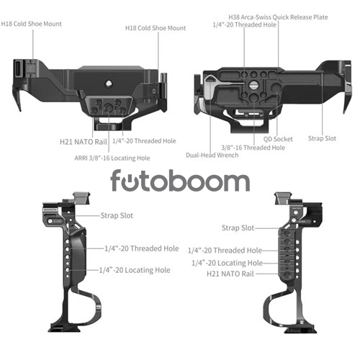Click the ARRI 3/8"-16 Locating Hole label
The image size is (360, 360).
pyautogui.click(x=112, y=158)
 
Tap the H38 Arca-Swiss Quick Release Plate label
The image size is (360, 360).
pyautogui.click(x=278, y=17)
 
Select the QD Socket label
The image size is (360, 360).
pyautogui.click(x=278, y=139)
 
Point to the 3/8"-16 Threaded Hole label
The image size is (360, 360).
pyautogui.click(x=253, y=148)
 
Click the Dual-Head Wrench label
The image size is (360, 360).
pyautogui.click(x=212, y=155)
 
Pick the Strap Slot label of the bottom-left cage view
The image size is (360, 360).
pyautogui.click(x=117, y=215)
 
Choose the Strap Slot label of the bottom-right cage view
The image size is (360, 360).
pyautogui.click(x=238, y=228)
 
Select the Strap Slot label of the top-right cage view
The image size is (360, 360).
pyautogui.click(x=322, y=138)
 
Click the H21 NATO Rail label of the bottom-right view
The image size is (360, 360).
pyautogui.click(x=230, y=274)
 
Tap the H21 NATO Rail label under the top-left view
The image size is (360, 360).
pyautogui.click(x=84, y=142)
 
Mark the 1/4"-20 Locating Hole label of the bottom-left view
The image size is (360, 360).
pyautogui.click(x=135, y=270)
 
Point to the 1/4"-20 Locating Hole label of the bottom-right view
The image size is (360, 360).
pyautogui.click(x=227, y=263)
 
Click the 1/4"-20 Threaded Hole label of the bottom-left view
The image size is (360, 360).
pyautogui.click(x=142, y=248)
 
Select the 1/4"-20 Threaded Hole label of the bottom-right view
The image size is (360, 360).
pyautogui.click(x=225, y=251)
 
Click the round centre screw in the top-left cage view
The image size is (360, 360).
pyautogui.click(x=109, y=84)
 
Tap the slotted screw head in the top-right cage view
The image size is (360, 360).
pyautogui.click(x=253, y=84)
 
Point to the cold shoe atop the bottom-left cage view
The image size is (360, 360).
pyautogui.click(x=81, y=198)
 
